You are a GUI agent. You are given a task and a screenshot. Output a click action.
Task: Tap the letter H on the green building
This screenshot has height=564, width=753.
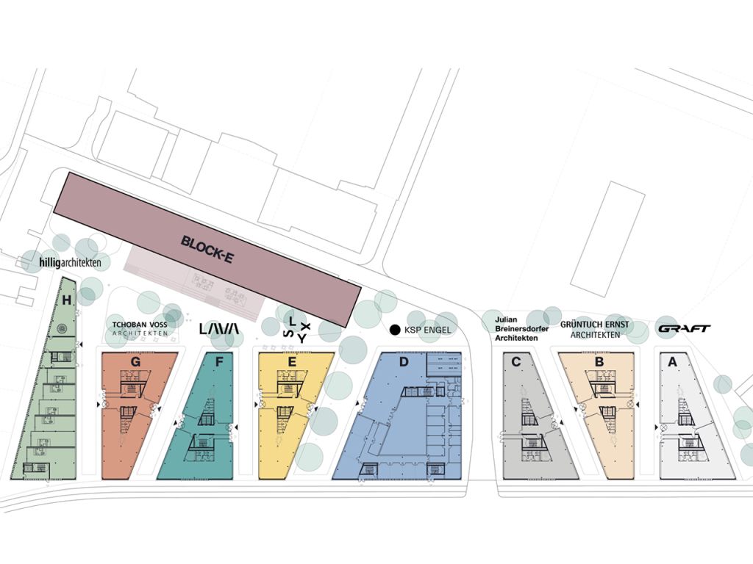pyautogui.click(x=67, y=299)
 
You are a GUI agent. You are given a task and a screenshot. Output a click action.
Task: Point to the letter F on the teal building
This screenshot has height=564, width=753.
pyautogui.click(x=218, y=361)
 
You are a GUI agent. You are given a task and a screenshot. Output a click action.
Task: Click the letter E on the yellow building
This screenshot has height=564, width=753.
pyautogui.click(x=292, y=361)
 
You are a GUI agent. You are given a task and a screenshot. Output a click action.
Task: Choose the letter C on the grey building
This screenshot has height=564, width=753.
pyautogui.click(x=516, y=361)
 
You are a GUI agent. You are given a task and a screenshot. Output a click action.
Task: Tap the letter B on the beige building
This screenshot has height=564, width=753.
pyautogui.click(x=599, y=361)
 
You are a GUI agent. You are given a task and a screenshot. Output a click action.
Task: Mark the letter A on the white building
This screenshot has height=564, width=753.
pyautogui.click(x=671, y=361)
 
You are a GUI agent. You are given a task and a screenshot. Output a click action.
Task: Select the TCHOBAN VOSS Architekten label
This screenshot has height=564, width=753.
pyautogui.click(x=140, y=328)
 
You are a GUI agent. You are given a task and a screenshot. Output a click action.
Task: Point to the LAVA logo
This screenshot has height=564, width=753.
pyautogui.click(x=220, y=330)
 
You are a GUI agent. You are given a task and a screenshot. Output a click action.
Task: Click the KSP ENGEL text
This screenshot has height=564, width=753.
pyautogui.click(x=427, y=330)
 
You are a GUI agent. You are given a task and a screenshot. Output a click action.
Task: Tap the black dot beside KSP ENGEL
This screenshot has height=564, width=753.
pyautogui.click(x=395, y=330)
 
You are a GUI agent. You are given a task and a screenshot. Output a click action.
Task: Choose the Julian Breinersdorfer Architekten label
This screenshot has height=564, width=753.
pyautogui.click(x=518, y=329)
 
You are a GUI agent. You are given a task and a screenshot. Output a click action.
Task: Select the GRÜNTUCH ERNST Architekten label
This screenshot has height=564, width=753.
pyautogui.click(x=594, y=329)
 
